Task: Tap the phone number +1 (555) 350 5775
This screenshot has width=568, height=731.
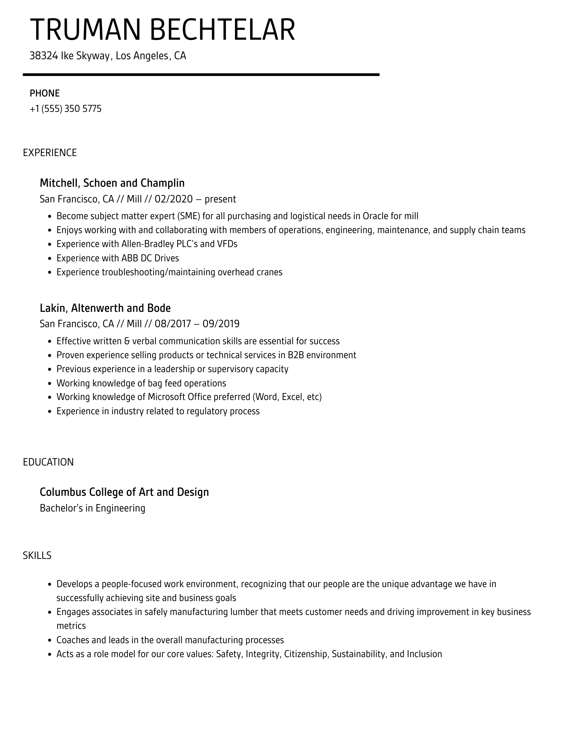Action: pyautogui.click(x=65, y=109)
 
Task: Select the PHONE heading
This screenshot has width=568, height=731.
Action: pyautogui.click(x=45, y=93)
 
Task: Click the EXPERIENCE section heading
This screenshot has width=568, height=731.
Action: pyautogui.click(x=50, y=153)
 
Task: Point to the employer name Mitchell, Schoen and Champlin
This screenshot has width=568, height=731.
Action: pyautogui.click(x=112, y=183)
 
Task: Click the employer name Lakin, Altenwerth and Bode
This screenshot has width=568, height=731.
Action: pyautogui.click(x=105, y=308)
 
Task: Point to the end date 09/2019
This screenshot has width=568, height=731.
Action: pyautogui.click(x=221, y=324)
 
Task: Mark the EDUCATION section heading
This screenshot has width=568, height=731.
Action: pyautogui.click(x=48, y=462)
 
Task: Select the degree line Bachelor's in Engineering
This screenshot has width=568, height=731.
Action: pyautogui.click(x=92, y=508)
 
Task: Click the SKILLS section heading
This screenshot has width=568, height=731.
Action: pyautogui.click(x=37, y=555)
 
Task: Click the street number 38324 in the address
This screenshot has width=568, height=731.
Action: pyautogui.click(x=44, y=56)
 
